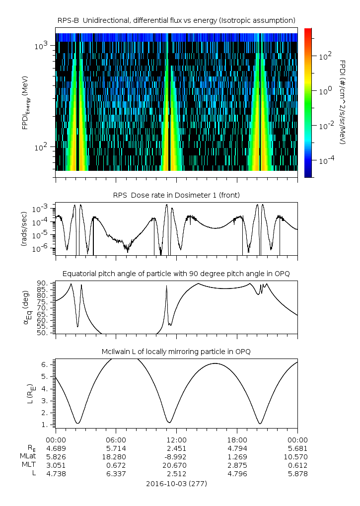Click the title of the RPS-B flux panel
(x=176, y=20)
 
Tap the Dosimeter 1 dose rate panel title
(x=176, y=195)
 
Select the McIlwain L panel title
(x=176, y=352)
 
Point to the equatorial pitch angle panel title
(x=176, y=274)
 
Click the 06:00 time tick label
(x=116, y=439)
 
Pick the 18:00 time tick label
(x=237, y=439)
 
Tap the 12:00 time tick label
(x=176, y=439)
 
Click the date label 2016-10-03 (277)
(x=176, y=483)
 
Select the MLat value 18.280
(x=116, y=456)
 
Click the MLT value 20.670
(x=176, y=465)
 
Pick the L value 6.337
(x=116, y=474)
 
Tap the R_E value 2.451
(x=176, y=448)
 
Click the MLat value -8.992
(x=176, y=456)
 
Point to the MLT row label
(x=26, y=465)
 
